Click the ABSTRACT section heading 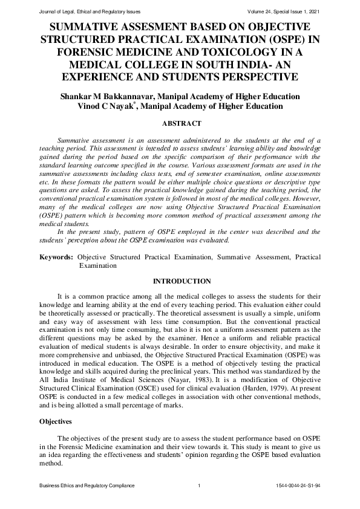(182, 123)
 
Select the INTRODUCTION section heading (182, 281)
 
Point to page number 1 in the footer (198, 486)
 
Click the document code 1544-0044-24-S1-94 (298, 486)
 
